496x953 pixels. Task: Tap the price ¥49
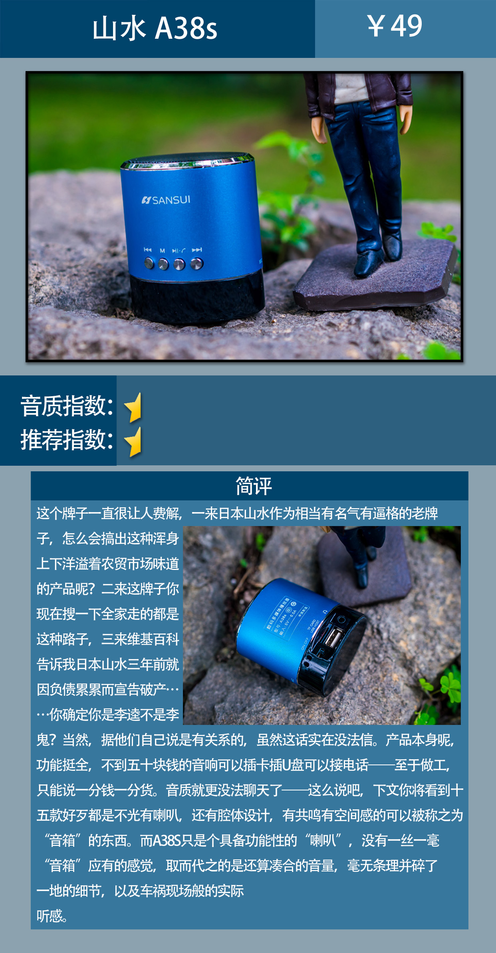[395, 26]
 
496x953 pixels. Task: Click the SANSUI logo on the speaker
[166, 200]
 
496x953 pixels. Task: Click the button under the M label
[163, 264]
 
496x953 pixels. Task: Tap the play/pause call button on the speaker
[179, 264]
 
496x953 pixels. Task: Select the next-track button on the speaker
[196, 263]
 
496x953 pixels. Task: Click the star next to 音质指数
[134, 407]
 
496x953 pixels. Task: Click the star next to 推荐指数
[134, 441]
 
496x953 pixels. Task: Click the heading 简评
[253, 486]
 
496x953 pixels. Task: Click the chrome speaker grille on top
[188, 159]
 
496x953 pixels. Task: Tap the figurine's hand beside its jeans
[319, 128]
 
